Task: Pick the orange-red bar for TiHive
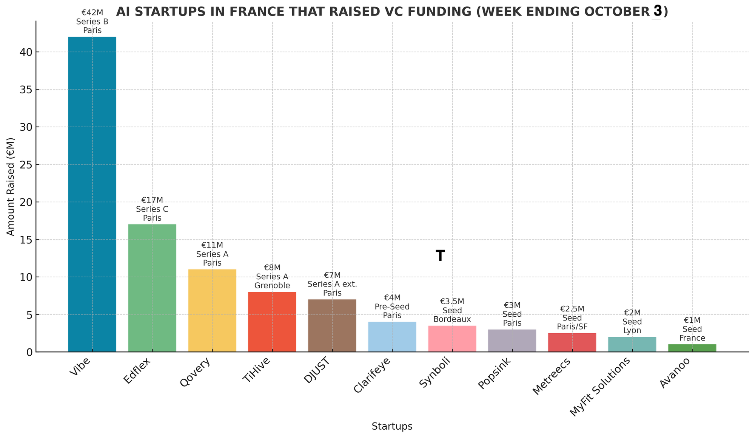pos(272,322)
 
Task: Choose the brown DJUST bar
pos(332,325)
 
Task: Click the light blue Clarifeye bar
pos(392,337)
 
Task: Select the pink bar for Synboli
pos(452,339)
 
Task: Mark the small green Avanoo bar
pos(692,348)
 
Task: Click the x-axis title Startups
pos(392,427)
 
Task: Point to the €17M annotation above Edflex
pos(152,200)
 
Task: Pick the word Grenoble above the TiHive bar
pos(272,286)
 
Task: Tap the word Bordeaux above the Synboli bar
pos(452,319)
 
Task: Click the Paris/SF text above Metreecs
pos(572,327)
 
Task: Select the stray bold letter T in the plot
pos(440,256)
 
